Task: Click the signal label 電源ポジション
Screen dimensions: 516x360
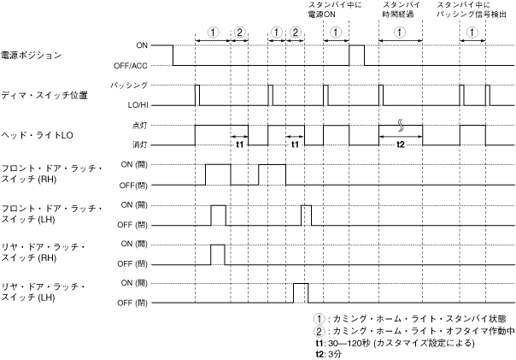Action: point(32,56)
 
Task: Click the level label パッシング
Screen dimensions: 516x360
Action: point(130,85)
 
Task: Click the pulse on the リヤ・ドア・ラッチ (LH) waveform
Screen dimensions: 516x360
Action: point(300,292)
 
